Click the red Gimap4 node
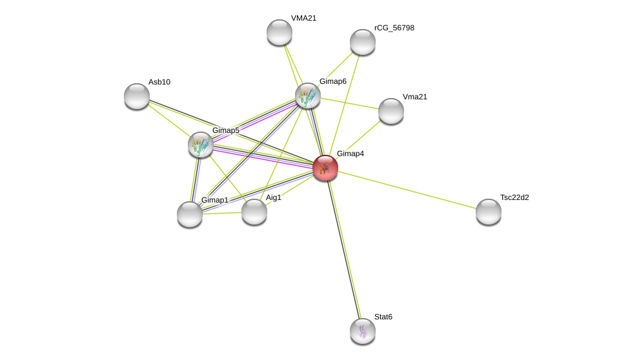[x=325, y=168]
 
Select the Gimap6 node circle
[x=308, y=95]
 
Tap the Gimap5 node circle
[x=201, y=145]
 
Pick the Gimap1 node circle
[x=190, y=214]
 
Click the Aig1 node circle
[x=254, y=212]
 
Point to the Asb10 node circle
[x=137, y=96]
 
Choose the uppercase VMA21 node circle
[x=279, y=32]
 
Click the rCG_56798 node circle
[x=363, y=42]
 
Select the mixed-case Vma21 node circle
[x=391, y=111]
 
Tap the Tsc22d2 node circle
[x=489, y=212]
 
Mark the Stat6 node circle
[x=363, y=331]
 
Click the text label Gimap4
[x=351, y=154]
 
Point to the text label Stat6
[x=383, y=317]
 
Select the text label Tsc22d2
[x=514, y=197]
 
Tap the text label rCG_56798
[x=394, y=28]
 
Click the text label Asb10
[x=159, y=82]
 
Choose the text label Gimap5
[x=226, y=130]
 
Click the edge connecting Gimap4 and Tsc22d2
[x=407, y=190]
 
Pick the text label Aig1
[x=274, y=197]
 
